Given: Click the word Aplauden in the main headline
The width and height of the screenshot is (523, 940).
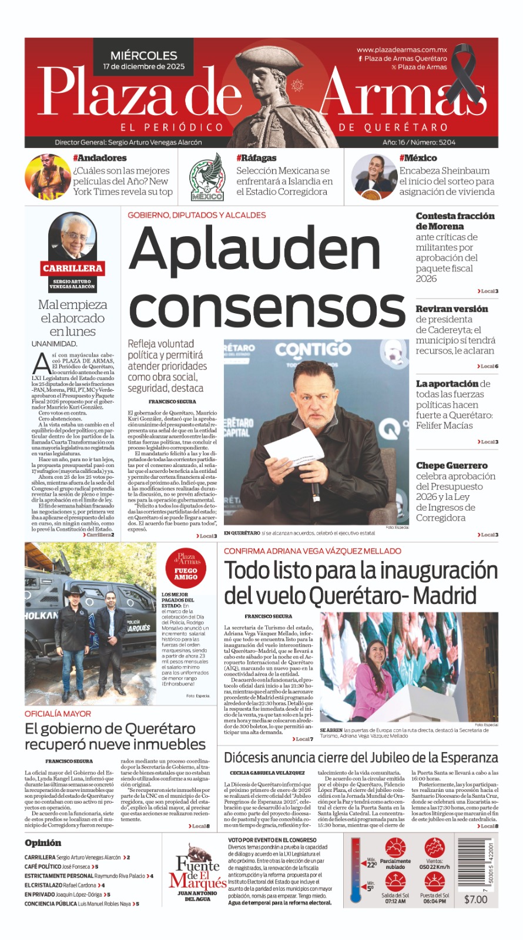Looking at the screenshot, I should point(254,249).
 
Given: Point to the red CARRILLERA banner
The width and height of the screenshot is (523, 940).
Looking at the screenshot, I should point(72,268).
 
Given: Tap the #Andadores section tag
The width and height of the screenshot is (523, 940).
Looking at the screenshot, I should point(99,158).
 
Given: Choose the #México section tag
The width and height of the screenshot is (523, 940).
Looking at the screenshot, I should point(418,158).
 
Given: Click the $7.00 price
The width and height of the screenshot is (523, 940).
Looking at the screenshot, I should point(475,899).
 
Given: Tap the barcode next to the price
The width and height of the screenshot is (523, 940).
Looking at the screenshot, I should point(475,864).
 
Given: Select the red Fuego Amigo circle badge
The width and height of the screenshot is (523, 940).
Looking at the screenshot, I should point(186,568).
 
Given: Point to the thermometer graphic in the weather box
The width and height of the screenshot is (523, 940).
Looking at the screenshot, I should point(356,870).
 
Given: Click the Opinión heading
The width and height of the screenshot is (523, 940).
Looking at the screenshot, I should point(43,842).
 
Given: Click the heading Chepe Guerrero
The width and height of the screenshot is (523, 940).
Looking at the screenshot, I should point(451,465).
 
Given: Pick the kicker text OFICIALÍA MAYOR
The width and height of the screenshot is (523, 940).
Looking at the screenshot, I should point(58,713).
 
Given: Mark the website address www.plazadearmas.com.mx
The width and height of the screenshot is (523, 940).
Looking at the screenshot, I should point(401,50).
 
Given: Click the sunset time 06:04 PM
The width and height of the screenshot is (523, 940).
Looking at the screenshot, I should point(434,901).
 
